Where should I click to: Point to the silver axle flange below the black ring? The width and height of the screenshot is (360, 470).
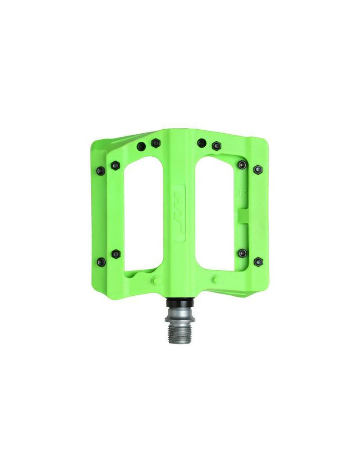180,313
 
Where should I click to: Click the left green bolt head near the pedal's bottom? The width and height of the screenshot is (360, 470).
157,280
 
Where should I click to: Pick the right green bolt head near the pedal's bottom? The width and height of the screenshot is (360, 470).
216,280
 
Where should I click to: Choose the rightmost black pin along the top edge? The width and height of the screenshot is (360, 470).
216,146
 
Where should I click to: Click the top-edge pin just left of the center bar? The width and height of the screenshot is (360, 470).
156,143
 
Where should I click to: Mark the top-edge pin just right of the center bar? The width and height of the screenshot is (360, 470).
202,143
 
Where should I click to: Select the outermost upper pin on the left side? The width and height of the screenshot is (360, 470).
101,171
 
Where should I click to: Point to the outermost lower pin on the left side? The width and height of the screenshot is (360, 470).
102,262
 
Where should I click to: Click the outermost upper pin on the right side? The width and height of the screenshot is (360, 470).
258,170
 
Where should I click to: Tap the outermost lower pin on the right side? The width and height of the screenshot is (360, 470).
258,261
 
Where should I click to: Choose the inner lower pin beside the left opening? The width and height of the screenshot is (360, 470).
116,254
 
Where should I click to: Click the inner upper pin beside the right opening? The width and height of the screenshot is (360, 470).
243,164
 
